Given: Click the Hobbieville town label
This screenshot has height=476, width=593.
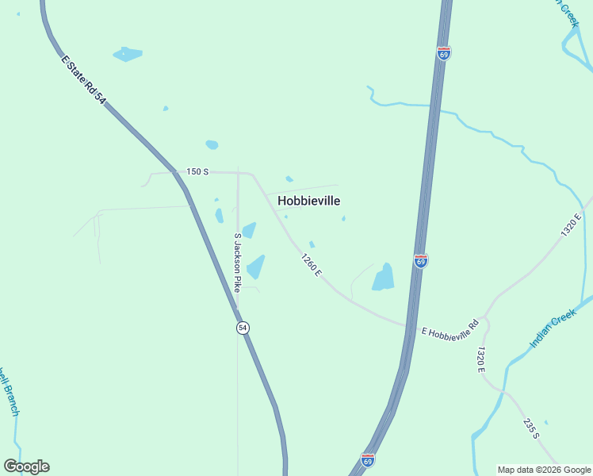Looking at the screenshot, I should coord(315,202).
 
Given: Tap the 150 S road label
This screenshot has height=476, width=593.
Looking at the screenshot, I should coord(197,171).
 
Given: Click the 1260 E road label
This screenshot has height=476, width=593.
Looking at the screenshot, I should coord(311,264).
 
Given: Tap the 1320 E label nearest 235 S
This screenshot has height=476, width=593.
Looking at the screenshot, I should coord(481,359).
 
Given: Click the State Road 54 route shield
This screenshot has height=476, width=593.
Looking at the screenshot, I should coord(243,328).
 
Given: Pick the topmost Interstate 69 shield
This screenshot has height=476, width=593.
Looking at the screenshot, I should coord(444,53).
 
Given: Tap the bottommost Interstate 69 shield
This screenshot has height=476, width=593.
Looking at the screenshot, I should coord(367,460).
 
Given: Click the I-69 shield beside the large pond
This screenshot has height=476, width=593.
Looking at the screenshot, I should coord(421,261).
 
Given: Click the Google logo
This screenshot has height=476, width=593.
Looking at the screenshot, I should coord(26,466).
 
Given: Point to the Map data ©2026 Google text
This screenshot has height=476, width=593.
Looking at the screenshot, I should coord(544,470).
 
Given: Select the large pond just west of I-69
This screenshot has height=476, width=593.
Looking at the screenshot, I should coord(384,277).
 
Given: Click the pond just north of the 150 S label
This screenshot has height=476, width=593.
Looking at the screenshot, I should coord(212,144).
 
